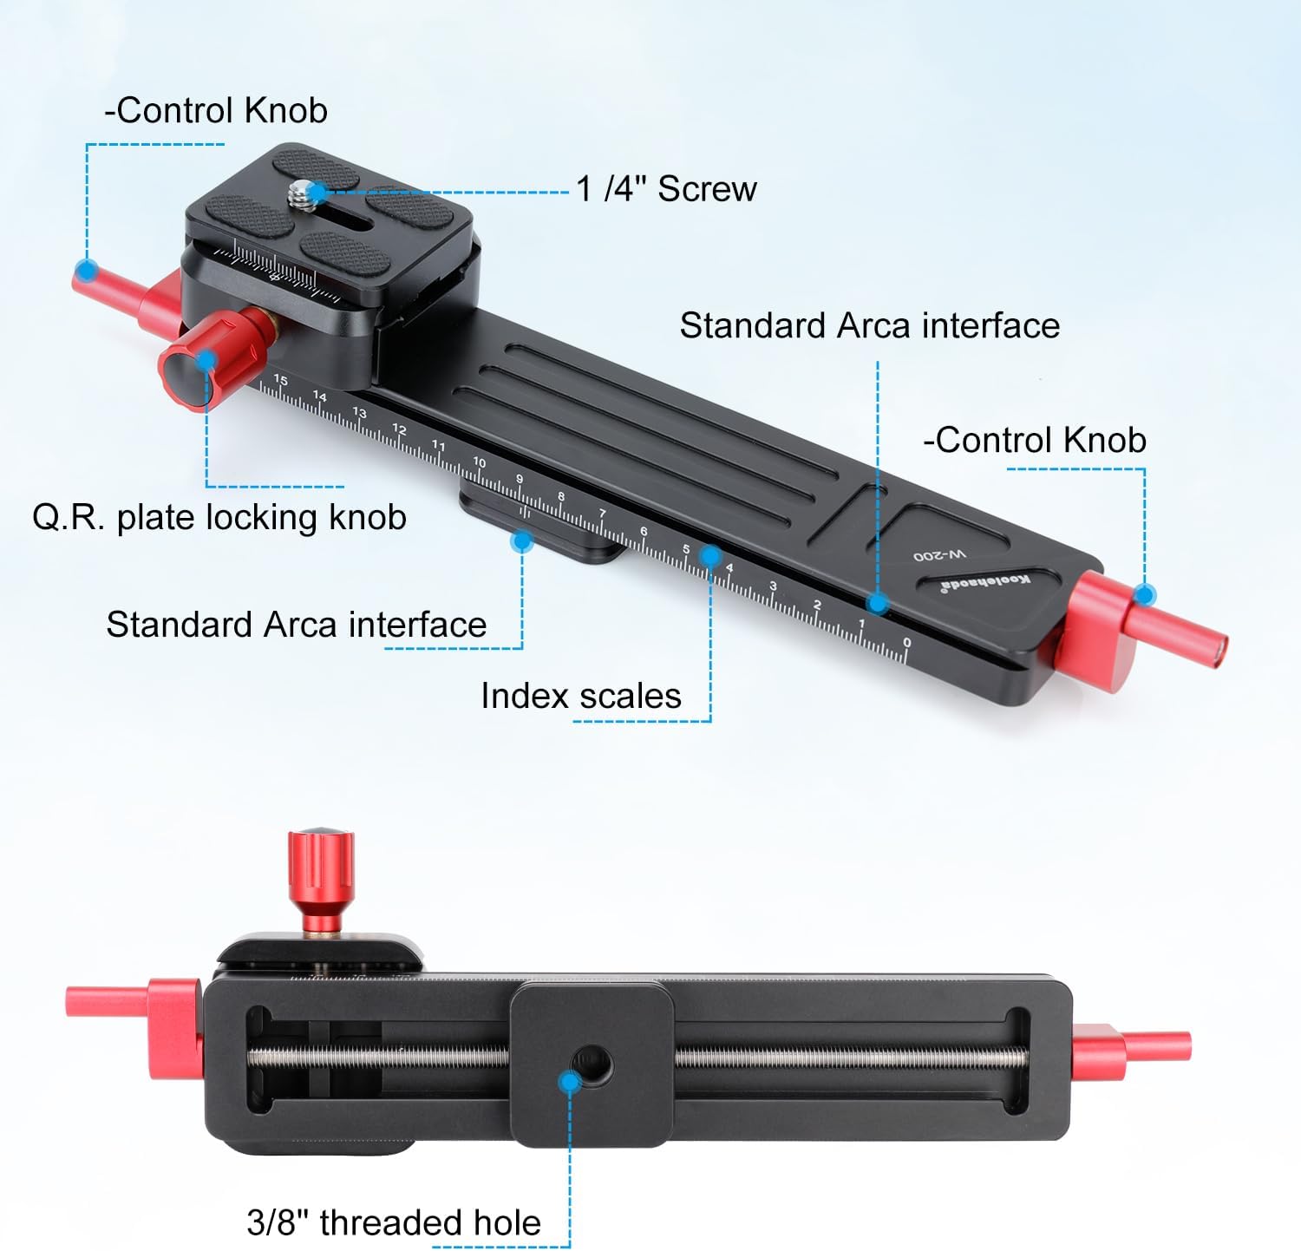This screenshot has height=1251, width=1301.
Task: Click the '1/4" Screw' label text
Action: tap(666, 188)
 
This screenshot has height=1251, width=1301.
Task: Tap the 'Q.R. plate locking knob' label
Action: tap(219, 517)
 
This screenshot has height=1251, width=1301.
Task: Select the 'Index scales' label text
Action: tap(580, 696)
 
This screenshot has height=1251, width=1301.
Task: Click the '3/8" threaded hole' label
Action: tap(394, 1222)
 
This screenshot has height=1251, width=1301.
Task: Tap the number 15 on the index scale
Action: tap(280, 380)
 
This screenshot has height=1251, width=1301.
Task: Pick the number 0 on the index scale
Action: tap(906, 643)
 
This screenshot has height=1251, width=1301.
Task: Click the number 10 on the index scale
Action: tap(479, 462)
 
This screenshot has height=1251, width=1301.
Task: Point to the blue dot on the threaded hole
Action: tap(569, 1082)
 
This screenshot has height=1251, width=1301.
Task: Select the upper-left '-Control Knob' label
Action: tap(215, 110)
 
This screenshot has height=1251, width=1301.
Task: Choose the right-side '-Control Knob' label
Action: tap(1035, 440)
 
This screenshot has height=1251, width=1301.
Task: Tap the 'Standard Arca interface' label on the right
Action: tap(869, 325)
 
